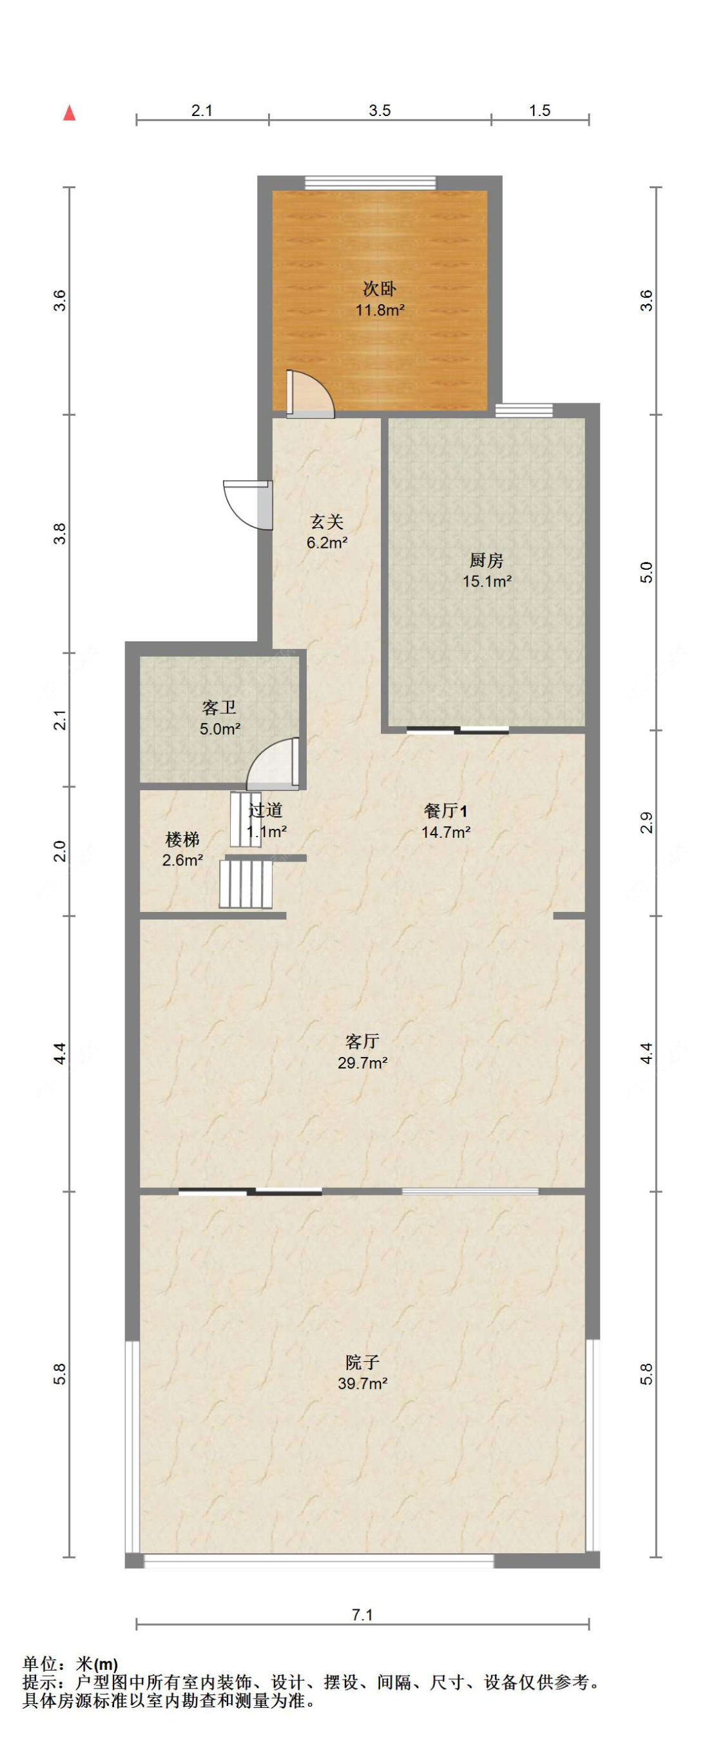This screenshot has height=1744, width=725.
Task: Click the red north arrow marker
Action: (69, 113)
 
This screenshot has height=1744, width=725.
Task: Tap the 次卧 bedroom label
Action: (379, 289)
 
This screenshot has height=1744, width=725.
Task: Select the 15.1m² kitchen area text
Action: (486, 581)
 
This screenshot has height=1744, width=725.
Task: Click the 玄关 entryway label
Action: (327, 521)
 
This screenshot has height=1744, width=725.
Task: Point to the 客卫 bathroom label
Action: (218, 708)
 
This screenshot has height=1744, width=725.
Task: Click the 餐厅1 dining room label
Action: (445, 810)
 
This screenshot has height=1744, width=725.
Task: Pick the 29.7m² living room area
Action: (362, 1063)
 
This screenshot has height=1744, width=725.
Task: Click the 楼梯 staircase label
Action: (183, 840)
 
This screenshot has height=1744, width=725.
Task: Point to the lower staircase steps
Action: (245, 884)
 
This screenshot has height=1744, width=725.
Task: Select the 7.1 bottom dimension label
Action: (362, 1614)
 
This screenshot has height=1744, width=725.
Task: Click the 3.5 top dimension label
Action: (379, 110)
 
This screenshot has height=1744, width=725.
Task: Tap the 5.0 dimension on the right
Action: (647, 573)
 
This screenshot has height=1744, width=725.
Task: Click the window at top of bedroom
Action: (370, 182)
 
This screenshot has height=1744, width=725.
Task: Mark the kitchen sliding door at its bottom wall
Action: (458, 730)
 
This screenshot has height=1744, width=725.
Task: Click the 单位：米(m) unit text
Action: (70, 1663)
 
